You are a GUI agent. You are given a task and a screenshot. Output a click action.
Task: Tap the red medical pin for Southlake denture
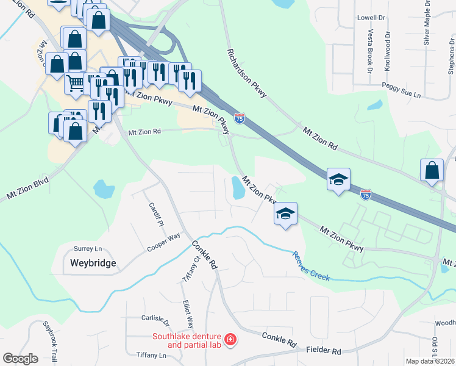[230, 340]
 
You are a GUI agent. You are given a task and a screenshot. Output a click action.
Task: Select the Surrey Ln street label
[88, 249]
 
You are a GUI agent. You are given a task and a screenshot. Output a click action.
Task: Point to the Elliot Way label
[188, 314]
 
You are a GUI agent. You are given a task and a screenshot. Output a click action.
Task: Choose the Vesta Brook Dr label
[369, 52]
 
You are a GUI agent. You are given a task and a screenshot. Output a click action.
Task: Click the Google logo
[20, 359]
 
